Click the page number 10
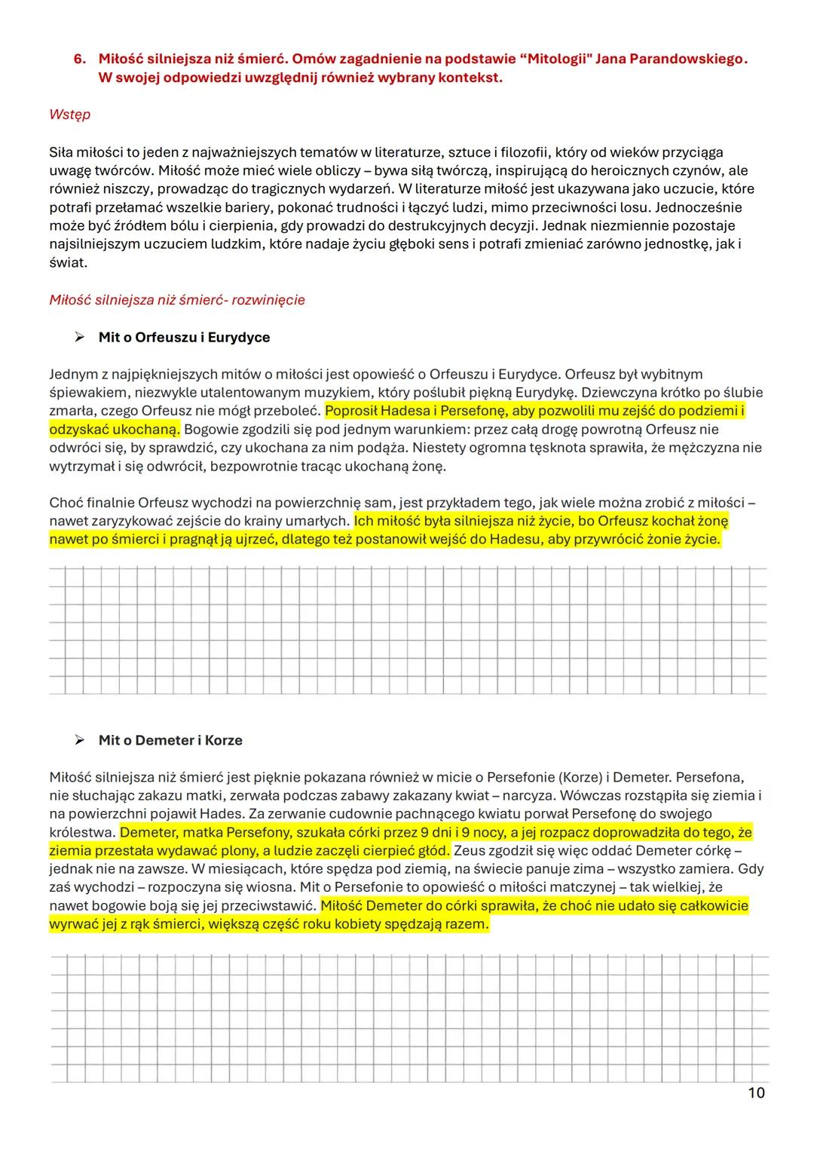click(756, 1092)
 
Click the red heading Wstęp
click(69, 114)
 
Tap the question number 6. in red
click(80, 59)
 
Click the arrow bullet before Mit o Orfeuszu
click(78, 337)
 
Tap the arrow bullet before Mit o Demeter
click(78, 740)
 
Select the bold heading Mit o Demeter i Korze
click(170, 740)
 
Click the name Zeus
click(470, 851)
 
